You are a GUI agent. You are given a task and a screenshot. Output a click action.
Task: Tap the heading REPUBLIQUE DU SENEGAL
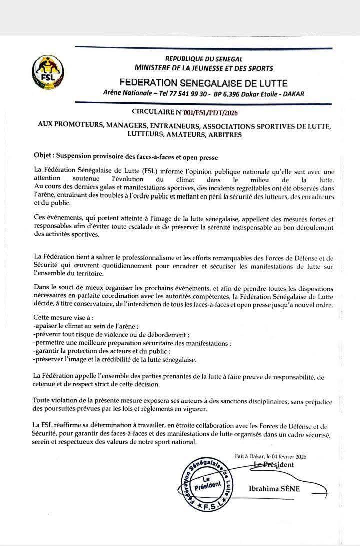click(x=204, y=59)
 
